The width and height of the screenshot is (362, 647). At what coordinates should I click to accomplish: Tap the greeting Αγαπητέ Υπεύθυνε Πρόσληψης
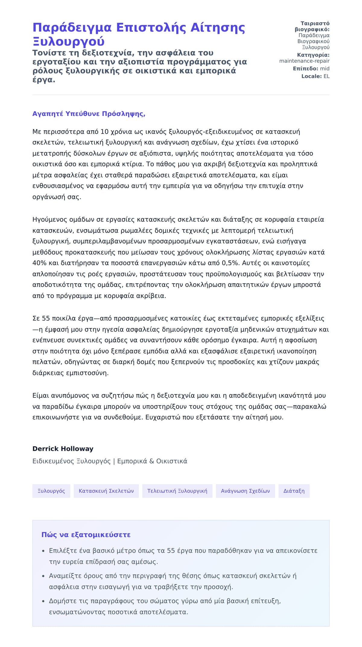89,114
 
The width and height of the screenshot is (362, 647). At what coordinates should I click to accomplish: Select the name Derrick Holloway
63,449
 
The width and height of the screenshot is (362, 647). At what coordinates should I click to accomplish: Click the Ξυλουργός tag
51,491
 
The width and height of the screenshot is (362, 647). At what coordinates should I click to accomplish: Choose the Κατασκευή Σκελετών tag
106,491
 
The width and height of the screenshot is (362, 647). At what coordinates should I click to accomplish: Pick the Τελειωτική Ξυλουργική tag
177,491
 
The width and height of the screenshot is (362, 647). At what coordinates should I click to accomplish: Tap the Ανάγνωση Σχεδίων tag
245,491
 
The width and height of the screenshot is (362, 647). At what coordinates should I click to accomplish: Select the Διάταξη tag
294,491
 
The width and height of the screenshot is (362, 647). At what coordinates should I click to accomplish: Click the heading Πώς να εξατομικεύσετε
86,535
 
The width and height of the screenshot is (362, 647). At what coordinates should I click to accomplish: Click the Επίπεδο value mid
325,69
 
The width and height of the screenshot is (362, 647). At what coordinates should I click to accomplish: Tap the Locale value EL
326,76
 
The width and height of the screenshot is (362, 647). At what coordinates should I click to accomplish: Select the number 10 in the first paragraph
104,132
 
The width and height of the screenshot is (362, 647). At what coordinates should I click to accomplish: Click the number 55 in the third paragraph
46,318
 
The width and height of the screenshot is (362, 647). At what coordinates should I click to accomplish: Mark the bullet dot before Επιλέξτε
43,551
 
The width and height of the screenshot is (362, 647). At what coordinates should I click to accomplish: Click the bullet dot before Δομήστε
43,601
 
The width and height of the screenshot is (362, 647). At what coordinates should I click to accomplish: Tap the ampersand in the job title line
151,461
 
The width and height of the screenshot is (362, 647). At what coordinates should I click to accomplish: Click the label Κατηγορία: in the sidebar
313,55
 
